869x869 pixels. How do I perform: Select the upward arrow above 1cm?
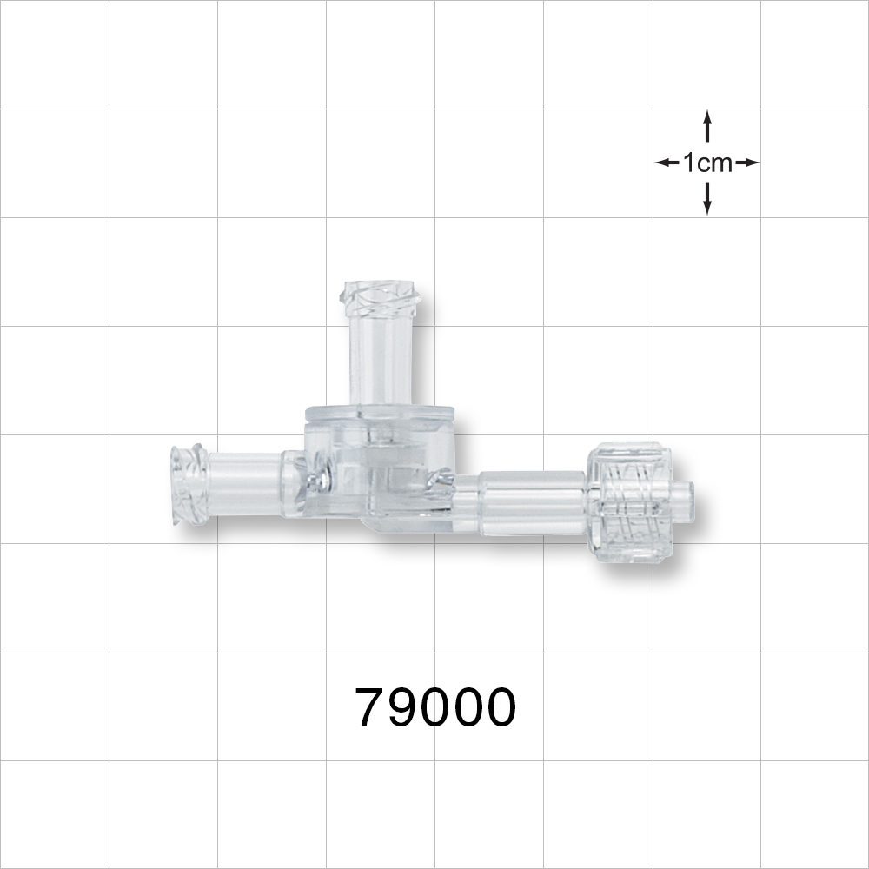pyautogui.click(x=707, y=126)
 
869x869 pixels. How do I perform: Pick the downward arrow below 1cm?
pyautogui.click(x=707, y=199)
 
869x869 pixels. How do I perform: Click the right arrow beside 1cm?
pyautogui.click(x=747, y=163)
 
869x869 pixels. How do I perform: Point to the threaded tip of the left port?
pyautogui.click(x=188, y=486)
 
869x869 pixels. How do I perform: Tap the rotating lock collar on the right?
pyautogui.click(x=627, y=502)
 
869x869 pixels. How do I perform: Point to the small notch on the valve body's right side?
pyautogui.click(x=444, y=476)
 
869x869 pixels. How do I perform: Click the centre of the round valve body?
pyautogui.click(x=381, y=465)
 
